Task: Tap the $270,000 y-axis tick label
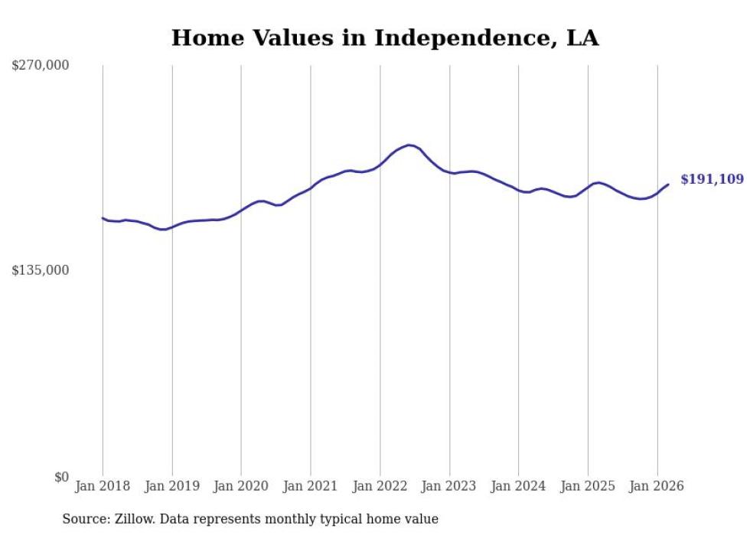point(41,66)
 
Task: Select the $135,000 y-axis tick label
point(41,270)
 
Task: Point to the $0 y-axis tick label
point(61,477)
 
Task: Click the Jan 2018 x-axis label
point(103,486)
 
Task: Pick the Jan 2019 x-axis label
point(172,486)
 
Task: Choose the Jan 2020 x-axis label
point(241,486)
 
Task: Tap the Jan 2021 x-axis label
point(311,486)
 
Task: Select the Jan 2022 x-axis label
point(380,486)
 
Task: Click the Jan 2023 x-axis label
point(449,486)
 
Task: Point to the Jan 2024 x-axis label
point(518,486)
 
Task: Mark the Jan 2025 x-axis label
point(588,486)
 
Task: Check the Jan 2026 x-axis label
point(657,486)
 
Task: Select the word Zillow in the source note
point(135,519)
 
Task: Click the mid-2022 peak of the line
point(409,145)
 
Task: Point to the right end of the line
point(668,184)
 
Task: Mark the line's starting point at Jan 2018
point(103,218)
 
